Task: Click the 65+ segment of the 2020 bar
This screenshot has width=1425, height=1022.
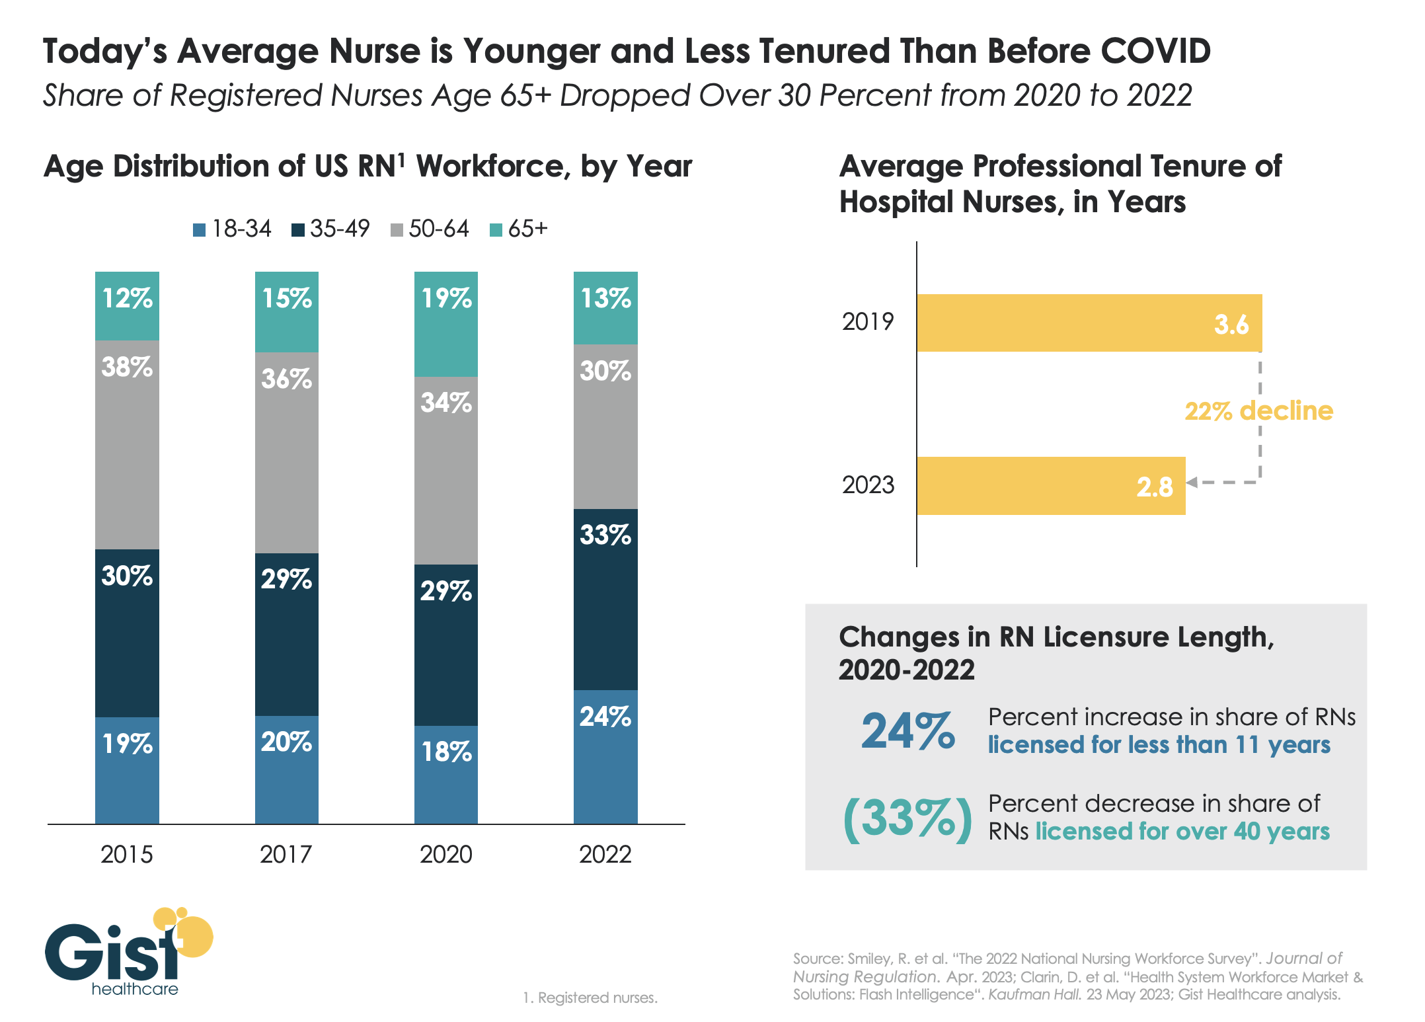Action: tap(446, 324)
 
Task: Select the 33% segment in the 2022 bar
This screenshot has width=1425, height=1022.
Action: tap(605, 599)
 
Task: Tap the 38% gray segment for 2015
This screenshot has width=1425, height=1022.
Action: tap(127, 444)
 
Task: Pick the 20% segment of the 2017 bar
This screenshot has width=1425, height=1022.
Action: tap(287, 769)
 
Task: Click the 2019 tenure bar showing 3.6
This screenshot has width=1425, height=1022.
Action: tap(1089, 323)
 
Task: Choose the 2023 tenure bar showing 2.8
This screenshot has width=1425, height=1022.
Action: tap(1050, 486)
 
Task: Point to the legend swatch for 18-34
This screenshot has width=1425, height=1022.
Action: tap(200, 230)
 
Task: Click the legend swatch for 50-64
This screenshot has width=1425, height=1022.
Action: tap(397, 230)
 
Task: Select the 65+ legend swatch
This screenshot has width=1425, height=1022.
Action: tap(496, 230)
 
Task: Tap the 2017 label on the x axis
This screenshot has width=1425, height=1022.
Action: tap(286, 854)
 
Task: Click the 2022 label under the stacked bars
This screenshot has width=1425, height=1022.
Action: tap(605, 854)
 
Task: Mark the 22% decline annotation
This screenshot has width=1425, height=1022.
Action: tap(1258, 411)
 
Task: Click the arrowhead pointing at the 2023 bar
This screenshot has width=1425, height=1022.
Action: tap(1192, 483)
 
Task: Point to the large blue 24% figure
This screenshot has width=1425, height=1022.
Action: tap(908, 731)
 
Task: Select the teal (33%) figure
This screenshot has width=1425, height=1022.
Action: tap(908, 819)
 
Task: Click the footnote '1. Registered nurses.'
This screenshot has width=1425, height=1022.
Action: tap(590, 998)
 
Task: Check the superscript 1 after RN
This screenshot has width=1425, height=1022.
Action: tap(401, 158)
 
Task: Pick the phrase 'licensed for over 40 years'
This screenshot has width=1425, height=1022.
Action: tap(1182, 831)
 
